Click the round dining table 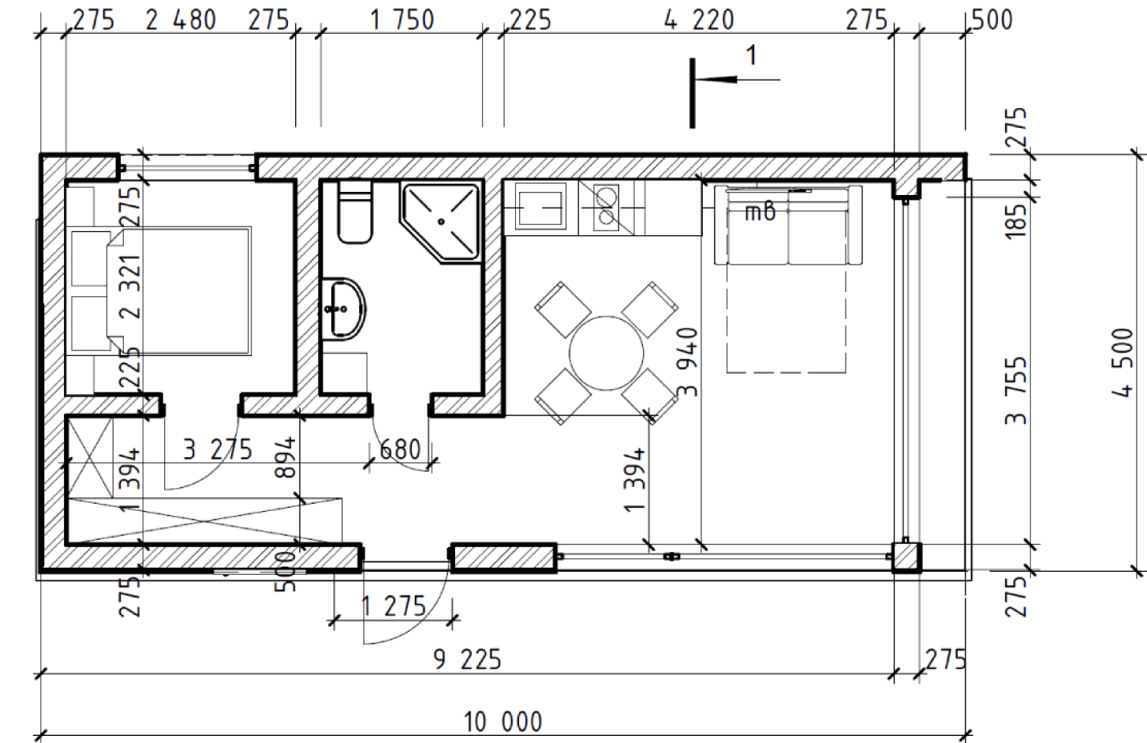(x=607, y=354)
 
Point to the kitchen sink (x=540, y=208)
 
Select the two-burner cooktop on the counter (x=607, y=207)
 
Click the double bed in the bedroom (x=159, y=291)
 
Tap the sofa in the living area (x=789, y=226)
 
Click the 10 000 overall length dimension (x=503, y=722)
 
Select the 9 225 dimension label (x=468, y=659)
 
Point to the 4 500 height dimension (x=1123, y=362)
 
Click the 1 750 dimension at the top (x=402, y=21)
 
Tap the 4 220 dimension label (x=699, y=21)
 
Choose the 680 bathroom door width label (x=400, y=450)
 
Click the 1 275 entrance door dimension (x=394, y=606)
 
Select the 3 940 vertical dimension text (x=687, y=362)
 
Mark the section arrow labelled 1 (x=736, y=80)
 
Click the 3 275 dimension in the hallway (x=218, y=450)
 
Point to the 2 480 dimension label (x=181, y=21)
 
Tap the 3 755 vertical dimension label (x=1016, y=391)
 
